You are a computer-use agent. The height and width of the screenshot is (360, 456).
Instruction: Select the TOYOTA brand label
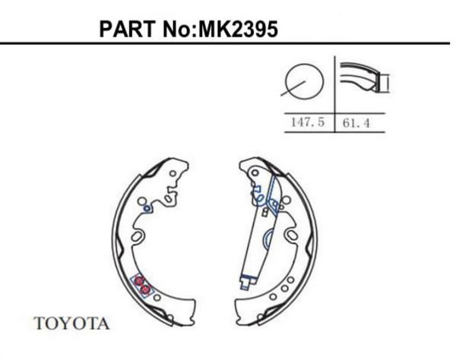pos(72,324)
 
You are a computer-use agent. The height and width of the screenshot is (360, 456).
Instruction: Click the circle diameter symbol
pos(302,82)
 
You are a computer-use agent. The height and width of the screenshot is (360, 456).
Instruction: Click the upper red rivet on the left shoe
pos(139,281)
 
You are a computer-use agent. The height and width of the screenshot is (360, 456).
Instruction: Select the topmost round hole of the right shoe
pos(252,175)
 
